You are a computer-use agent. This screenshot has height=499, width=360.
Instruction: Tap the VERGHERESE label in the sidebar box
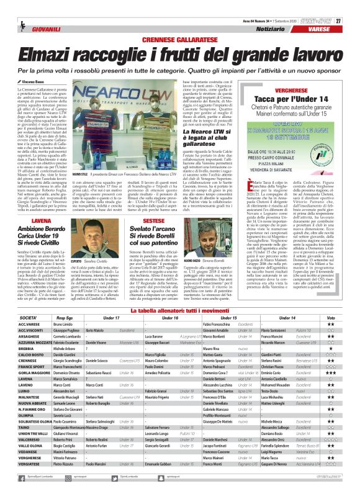click(x=299, y=89)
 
